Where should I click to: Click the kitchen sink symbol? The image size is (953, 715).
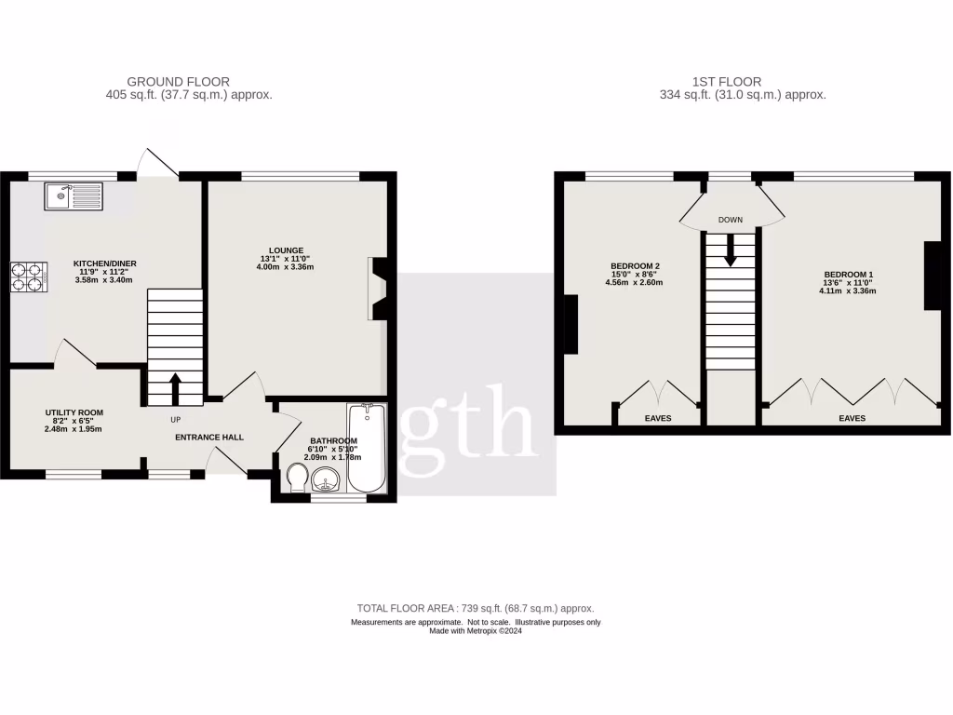[x=74, y=196]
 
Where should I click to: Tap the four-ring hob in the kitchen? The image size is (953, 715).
[x=27, y=277]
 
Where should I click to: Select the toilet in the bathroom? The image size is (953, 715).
[x=297, y=479]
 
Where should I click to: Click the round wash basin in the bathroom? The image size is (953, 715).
[x=326, y=480]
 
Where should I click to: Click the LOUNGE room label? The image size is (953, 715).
[x=287, y=250]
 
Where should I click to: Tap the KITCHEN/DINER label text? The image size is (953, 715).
[x=102, y=263]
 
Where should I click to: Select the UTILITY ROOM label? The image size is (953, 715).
[x=74, y=412]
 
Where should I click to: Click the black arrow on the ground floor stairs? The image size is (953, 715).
[x=175, y=387]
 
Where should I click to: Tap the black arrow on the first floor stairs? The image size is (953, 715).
[x=730, y=250]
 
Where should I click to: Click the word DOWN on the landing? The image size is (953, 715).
[x=730, y=221]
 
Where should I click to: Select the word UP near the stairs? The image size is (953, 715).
[x=175, y=420]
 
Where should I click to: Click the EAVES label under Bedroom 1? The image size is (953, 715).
[x=852, y=419]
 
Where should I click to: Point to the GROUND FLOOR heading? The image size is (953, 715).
[x=178, y=82]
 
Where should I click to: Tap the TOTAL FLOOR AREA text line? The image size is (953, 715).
[x=476, y=608]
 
